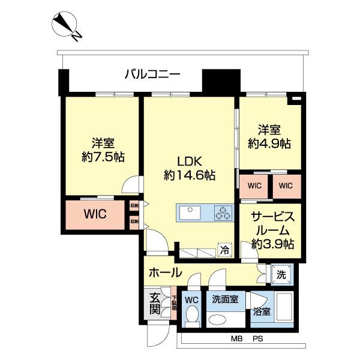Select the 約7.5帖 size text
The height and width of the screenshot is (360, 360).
pos(103,158)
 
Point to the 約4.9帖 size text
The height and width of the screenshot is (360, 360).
pos(270,143)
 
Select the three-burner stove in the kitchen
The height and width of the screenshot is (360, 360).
pos(223,212)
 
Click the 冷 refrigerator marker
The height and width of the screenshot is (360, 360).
pos(223,250)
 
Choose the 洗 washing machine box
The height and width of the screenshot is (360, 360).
pos(281,274)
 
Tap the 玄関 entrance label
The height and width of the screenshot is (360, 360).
pos(154,304)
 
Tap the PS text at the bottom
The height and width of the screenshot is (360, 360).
pos(257,340)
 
